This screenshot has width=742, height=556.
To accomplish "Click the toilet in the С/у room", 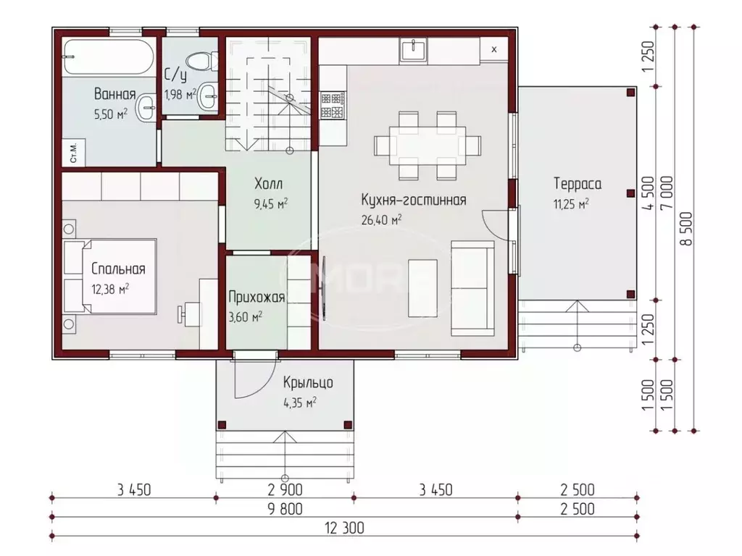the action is click(201, 62).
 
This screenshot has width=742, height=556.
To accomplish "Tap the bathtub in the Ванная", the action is click(109, 56).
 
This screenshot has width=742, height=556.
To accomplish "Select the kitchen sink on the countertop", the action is click(413, 51).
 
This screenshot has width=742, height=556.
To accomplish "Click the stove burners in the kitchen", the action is click(333, 106).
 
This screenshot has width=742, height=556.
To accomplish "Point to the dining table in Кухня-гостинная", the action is click(428, 146).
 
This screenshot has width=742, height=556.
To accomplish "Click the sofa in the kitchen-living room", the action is click(472, 288).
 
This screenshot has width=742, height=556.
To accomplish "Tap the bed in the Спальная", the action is click(110, 277).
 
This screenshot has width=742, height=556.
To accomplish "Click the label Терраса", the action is click(578, 183).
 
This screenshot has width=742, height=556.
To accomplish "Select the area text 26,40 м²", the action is click(382, 219).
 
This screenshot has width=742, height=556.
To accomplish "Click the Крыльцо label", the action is click(308, 382).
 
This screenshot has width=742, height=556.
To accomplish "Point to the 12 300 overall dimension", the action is click(344, 528).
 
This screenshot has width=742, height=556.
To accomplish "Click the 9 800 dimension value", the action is click(285, 509).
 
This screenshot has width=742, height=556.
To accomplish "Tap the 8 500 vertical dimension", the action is click(687, 229).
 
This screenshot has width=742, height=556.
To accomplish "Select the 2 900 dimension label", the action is click(285, 489).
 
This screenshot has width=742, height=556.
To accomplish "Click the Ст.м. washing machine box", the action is click(74, 152).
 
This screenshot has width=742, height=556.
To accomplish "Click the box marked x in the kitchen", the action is click(494, 49).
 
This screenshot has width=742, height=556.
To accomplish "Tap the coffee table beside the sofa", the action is click(423, 288).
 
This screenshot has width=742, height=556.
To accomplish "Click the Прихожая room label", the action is click(257, 297).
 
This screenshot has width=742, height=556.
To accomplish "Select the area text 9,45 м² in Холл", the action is click(271, 203).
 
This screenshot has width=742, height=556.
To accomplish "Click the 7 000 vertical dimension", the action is click(667, 193).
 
